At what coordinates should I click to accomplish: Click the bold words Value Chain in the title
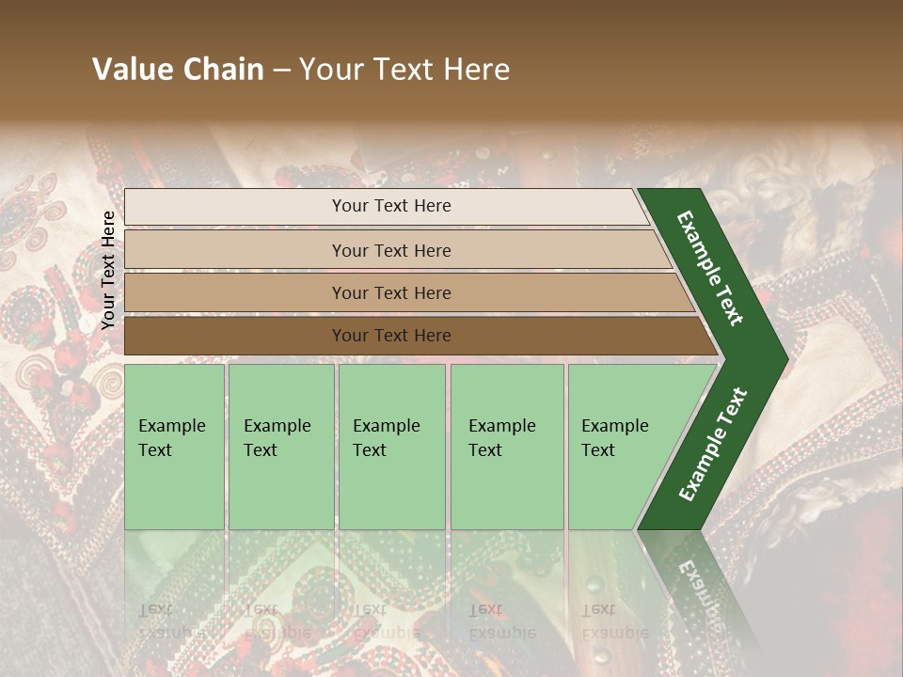click(x=178, y=70)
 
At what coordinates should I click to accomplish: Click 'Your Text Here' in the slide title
click(x=404, y=70)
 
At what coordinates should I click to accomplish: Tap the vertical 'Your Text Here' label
click(x=108, y=270)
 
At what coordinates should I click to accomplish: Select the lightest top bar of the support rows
click(x=235, y=207)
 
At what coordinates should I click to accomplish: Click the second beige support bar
click(x=235, y=250)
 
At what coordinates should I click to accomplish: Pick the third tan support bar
click(x=235, y=292)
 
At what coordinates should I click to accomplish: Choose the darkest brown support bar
click(x=235, y=336)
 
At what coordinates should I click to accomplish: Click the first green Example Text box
click(x=174, y=447)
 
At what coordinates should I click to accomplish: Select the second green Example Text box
click(x=281, y=447)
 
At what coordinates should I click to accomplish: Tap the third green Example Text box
click(x=391, y=447)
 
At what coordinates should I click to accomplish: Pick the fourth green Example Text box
click(x=507, y=447)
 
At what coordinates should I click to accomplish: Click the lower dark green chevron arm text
click(x=713, y=445)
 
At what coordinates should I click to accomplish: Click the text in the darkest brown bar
click(x=391, y=336)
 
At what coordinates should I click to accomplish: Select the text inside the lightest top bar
click(x=391, y=206)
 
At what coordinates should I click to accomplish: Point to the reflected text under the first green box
click(x=171, y=621)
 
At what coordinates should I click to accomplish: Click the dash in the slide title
click(x=281, y=70)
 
